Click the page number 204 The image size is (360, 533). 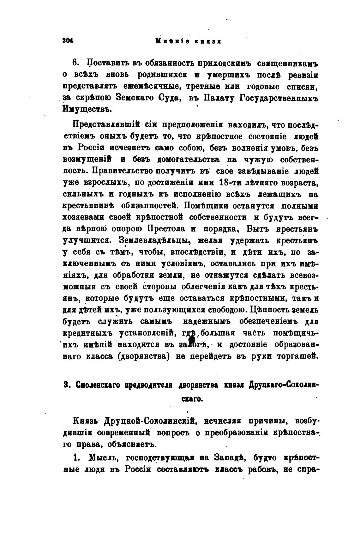(x=68, y=41)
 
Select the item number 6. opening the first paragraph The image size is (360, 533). (x=76, y=63)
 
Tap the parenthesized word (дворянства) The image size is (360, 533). (x=142, y=356)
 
